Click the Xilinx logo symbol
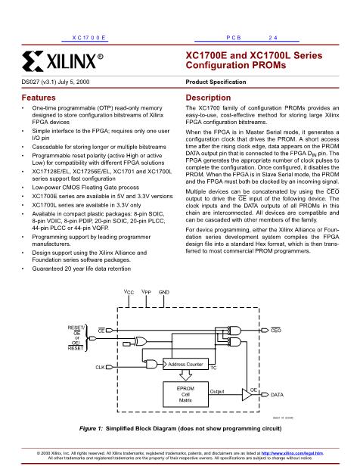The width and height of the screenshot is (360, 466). tap(33, 61)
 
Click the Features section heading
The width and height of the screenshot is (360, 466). tap(39, 98)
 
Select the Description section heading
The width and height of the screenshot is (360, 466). tap(208, 98)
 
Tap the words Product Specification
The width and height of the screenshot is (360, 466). tap(216, 82)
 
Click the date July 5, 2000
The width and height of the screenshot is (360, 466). tap(73, 82)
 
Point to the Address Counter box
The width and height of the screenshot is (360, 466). tap(185, 364)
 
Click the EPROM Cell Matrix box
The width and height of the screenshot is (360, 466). tap(185, 394)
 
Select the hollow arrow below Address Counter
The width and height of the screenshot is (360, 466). tap(185, 375)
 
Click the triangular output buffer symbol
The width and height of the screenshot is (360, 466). tap(247, 395)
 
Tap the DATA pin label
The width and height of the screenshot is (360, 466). tap(277, 395)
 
